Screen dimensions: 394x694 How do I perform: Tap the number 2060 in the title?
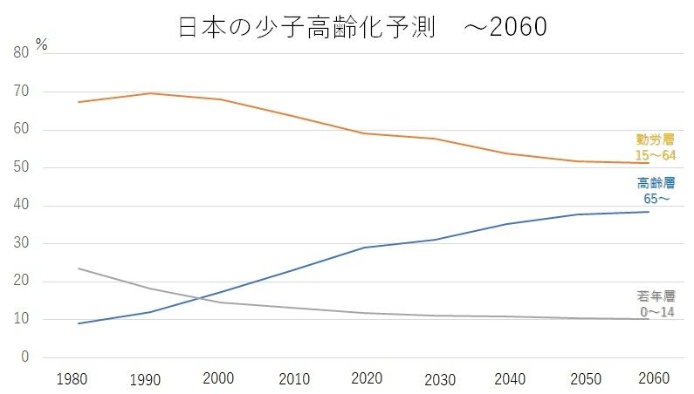pyautogui.click(x=518, y=28)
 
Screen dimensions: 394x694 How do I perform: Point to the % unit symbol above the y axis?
pyautogui.click(x=41, y=44)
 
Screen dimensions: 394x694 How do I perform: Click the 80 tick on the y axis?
pyautogui.click(x=23, y=53)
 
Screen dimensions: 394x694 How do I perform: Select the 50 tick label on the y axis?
pyautogui.click(x=23, y=167)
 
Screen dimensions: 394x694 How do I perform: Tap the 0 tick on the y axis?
pyautogui.click(x=26, y=357)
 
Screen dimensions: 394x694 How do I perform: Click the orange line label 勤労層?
pyautogui.click(x=656, y=139)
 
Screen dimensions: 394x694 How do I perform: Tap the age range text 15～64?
pyautogui.click(x=656, y=154)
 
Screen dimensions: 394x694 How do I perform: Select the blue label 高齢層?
pyautogui.click(x=656, y=183)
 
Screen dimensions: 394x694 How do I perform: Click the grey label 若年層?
pyautogui.click(x=656, y=296)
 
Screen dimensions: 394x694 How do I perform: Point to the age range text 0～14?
pyautogui.click(x=656, y=311)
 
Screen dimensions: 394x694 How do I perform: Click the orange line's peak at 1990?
pyautogui.click(x=149, y=93)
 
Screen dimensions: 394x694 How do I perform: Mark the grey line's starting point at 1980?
pyautogui.click(x=79, y=268)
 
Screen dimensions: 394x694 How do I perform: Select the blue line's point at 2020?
pyautogui.click(x=365, y=248)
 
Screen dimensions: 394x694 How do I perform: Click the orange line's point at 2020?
pyautogui.click(x=365, y=133)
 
